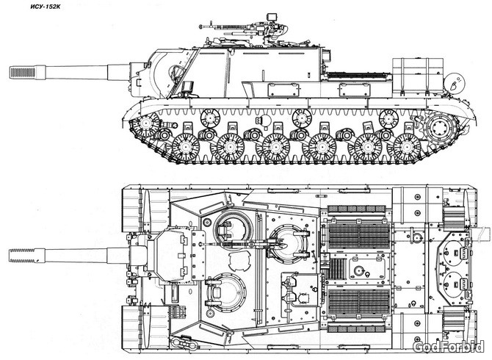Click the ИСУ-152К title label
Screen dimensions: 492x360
tap(46, 7)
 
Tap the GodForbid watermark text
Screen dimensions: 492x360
tap(449, 347)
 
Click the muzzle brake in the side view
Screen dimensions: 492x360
tap(23, 73)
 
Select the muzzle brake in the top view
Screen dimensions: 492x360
tap(22, 255)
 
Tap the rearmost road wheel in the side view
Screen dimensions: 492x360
tap(407, 148)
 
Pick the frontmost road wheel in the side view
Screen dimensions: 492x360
tap(186, 148)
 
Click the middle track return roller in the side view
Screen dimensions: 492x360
tap(302, 118)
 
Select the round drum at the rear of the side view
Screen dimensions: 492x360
tap(455, 82)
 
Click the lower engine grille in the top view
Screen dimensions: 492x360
tap(359, 302)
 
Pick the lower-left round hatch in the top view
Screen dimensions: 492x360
tap(227, 292)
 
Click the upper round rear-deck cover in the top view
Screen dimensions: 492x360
tap(454, 250)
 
